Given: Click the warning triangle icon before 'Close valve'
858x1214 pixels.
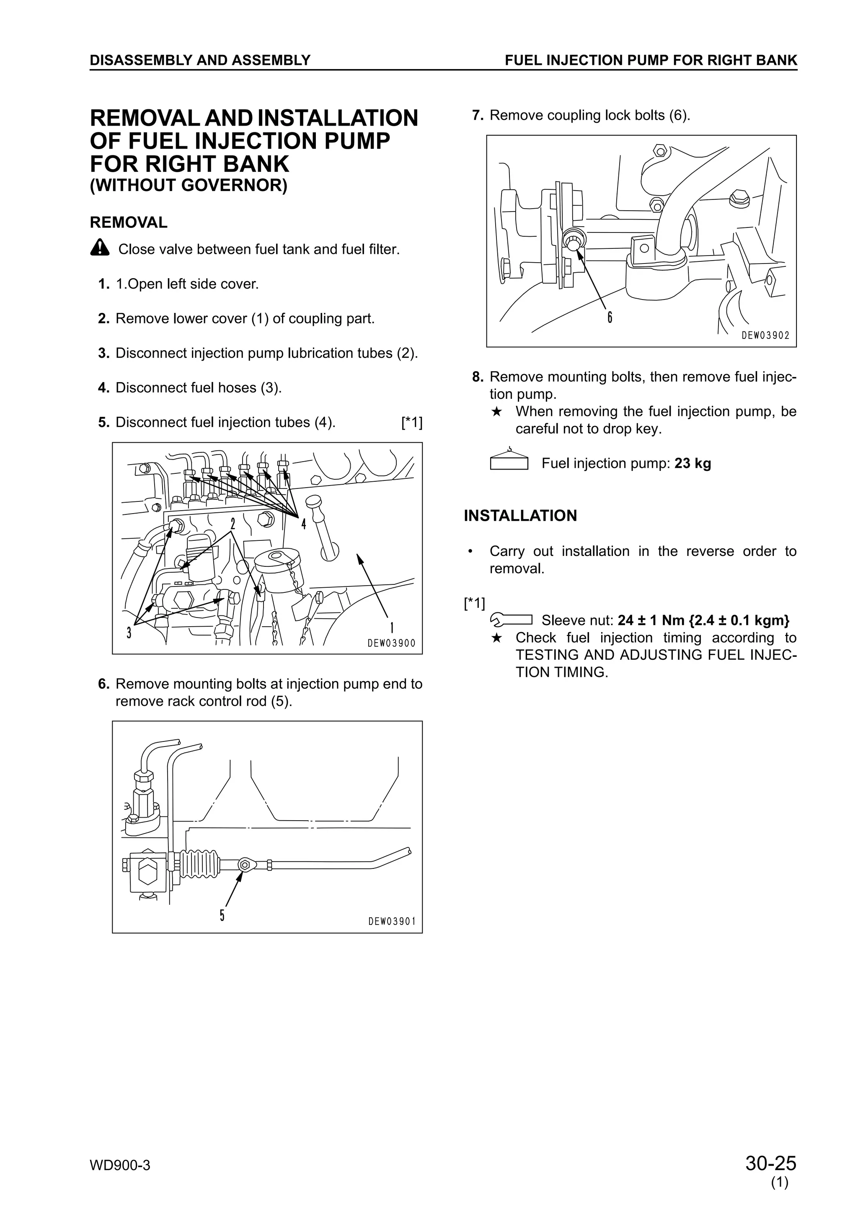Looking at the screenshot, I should pyautogui.click(x=99, y=248).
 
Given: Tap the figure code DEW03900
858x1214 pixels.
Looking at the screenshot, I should pyautogui.click(x=391, y=643).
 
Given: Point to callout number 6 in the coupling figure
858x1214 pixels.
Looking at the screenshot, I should pyautogui.click(x=610, y=317).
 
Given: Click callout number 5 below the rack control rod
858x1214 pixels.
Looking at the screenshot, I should pyautogui.click(x=222, y=915).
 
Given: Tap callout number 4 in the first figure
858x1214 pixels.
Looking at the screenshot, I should pyautogui.click(x=303, y=524).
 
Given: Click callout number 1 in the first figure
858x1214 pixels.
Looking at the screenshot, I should pyautogui.click(x=392, y=628).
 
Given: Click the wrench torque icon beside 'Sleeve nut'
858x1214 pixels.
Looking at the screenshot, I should pyautogui.click(x=511, y=619).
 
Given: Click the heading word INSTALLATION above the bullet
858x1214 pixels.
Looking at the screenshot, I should pyautogui.click(x=520, y=516).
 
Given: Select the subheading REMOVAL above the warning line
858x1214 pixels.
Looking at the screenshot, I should pyautogui.click(x=129, y=222).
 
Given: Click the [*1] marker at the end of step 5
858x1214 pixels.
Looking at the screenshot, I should pyautogui.click(x=412, y=422).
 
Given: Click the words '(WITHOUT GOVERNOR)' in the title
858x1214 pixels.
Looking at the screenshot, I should pyautogui.click(x=188, y=186).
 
